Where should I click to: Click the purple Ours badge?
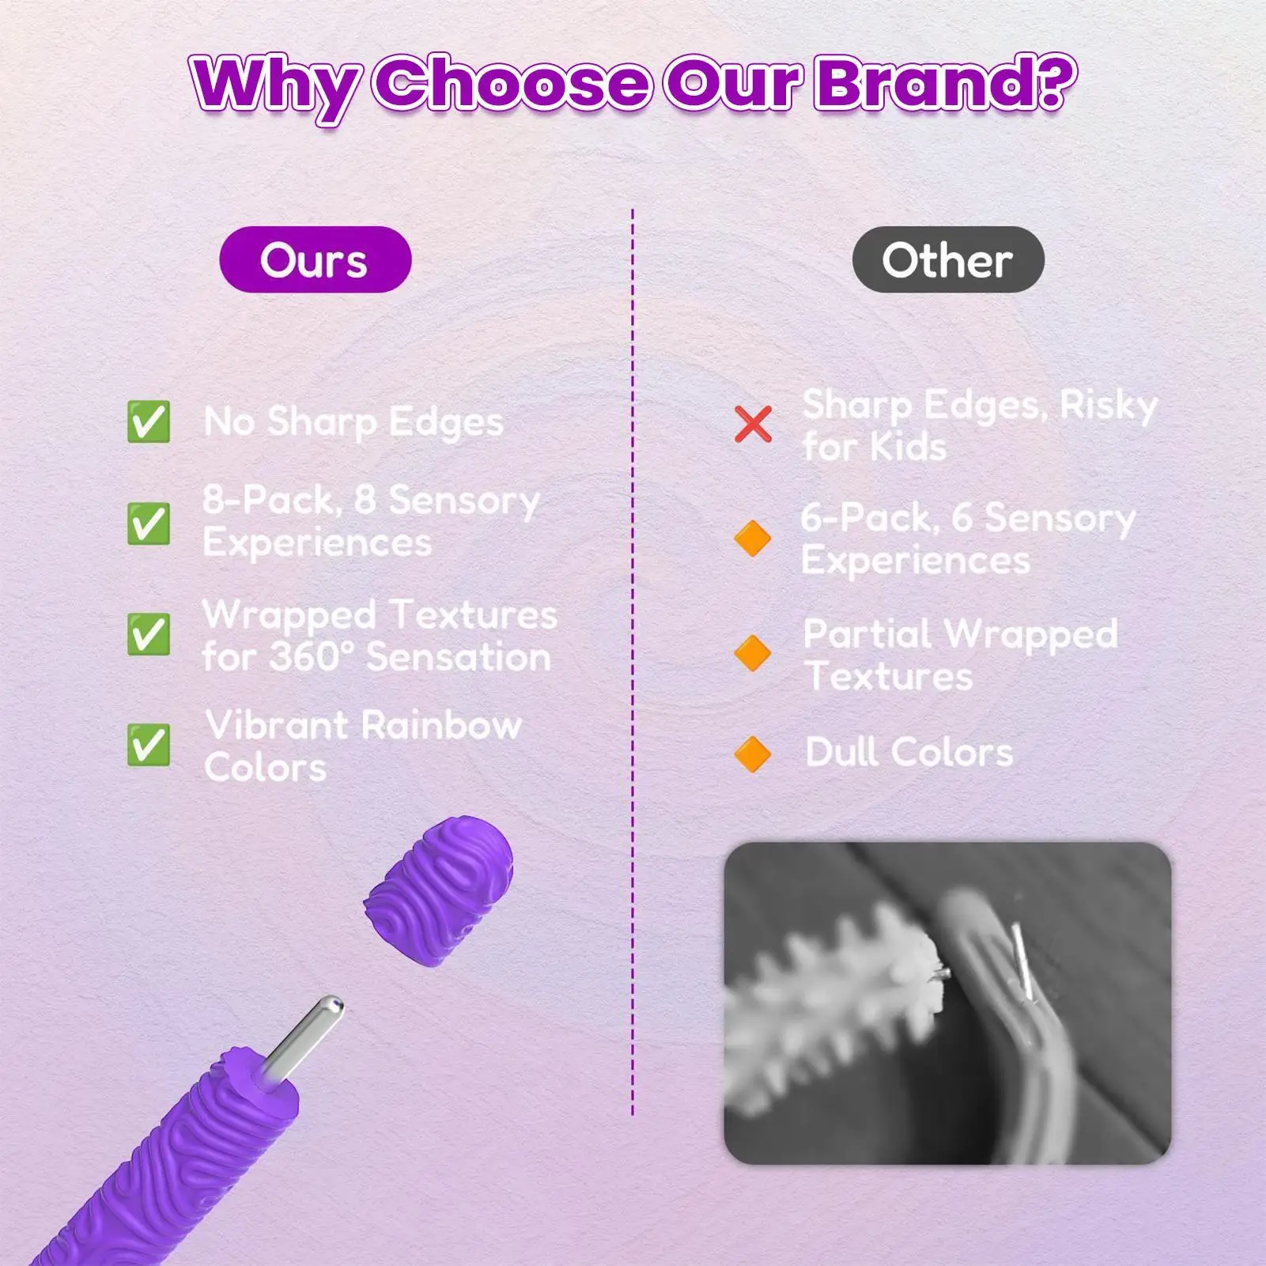pyautogui.click(x=315, y=259)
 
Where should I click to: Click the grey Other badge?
pyautogui.click(x=947, y=259)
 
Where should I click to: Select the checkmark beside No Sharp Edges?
pyautogui.click(x=148, y=421)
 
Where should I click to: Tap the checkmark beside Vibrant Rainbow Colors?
pyautogui.click(x=148, y=745)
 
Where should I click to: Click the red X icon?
pyautogui.click(x=752, y=424)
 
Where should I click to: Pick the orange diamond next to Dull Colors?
pyautogui.click(x=752, y=754)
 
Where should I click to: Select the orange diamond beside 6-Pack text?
pyautogui.click(x=752, y=539)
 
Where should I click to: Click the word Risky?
pyautogui.click(x=1108, y=405)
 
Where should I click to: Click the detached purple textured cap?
pyautogui.click(x=440, y=889)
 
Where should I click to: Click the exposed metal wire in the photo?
pyautogui.click(x=1023, y=961)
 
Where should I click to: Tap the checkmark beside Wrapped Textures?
pyautogui.click(x=148, y=634)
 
